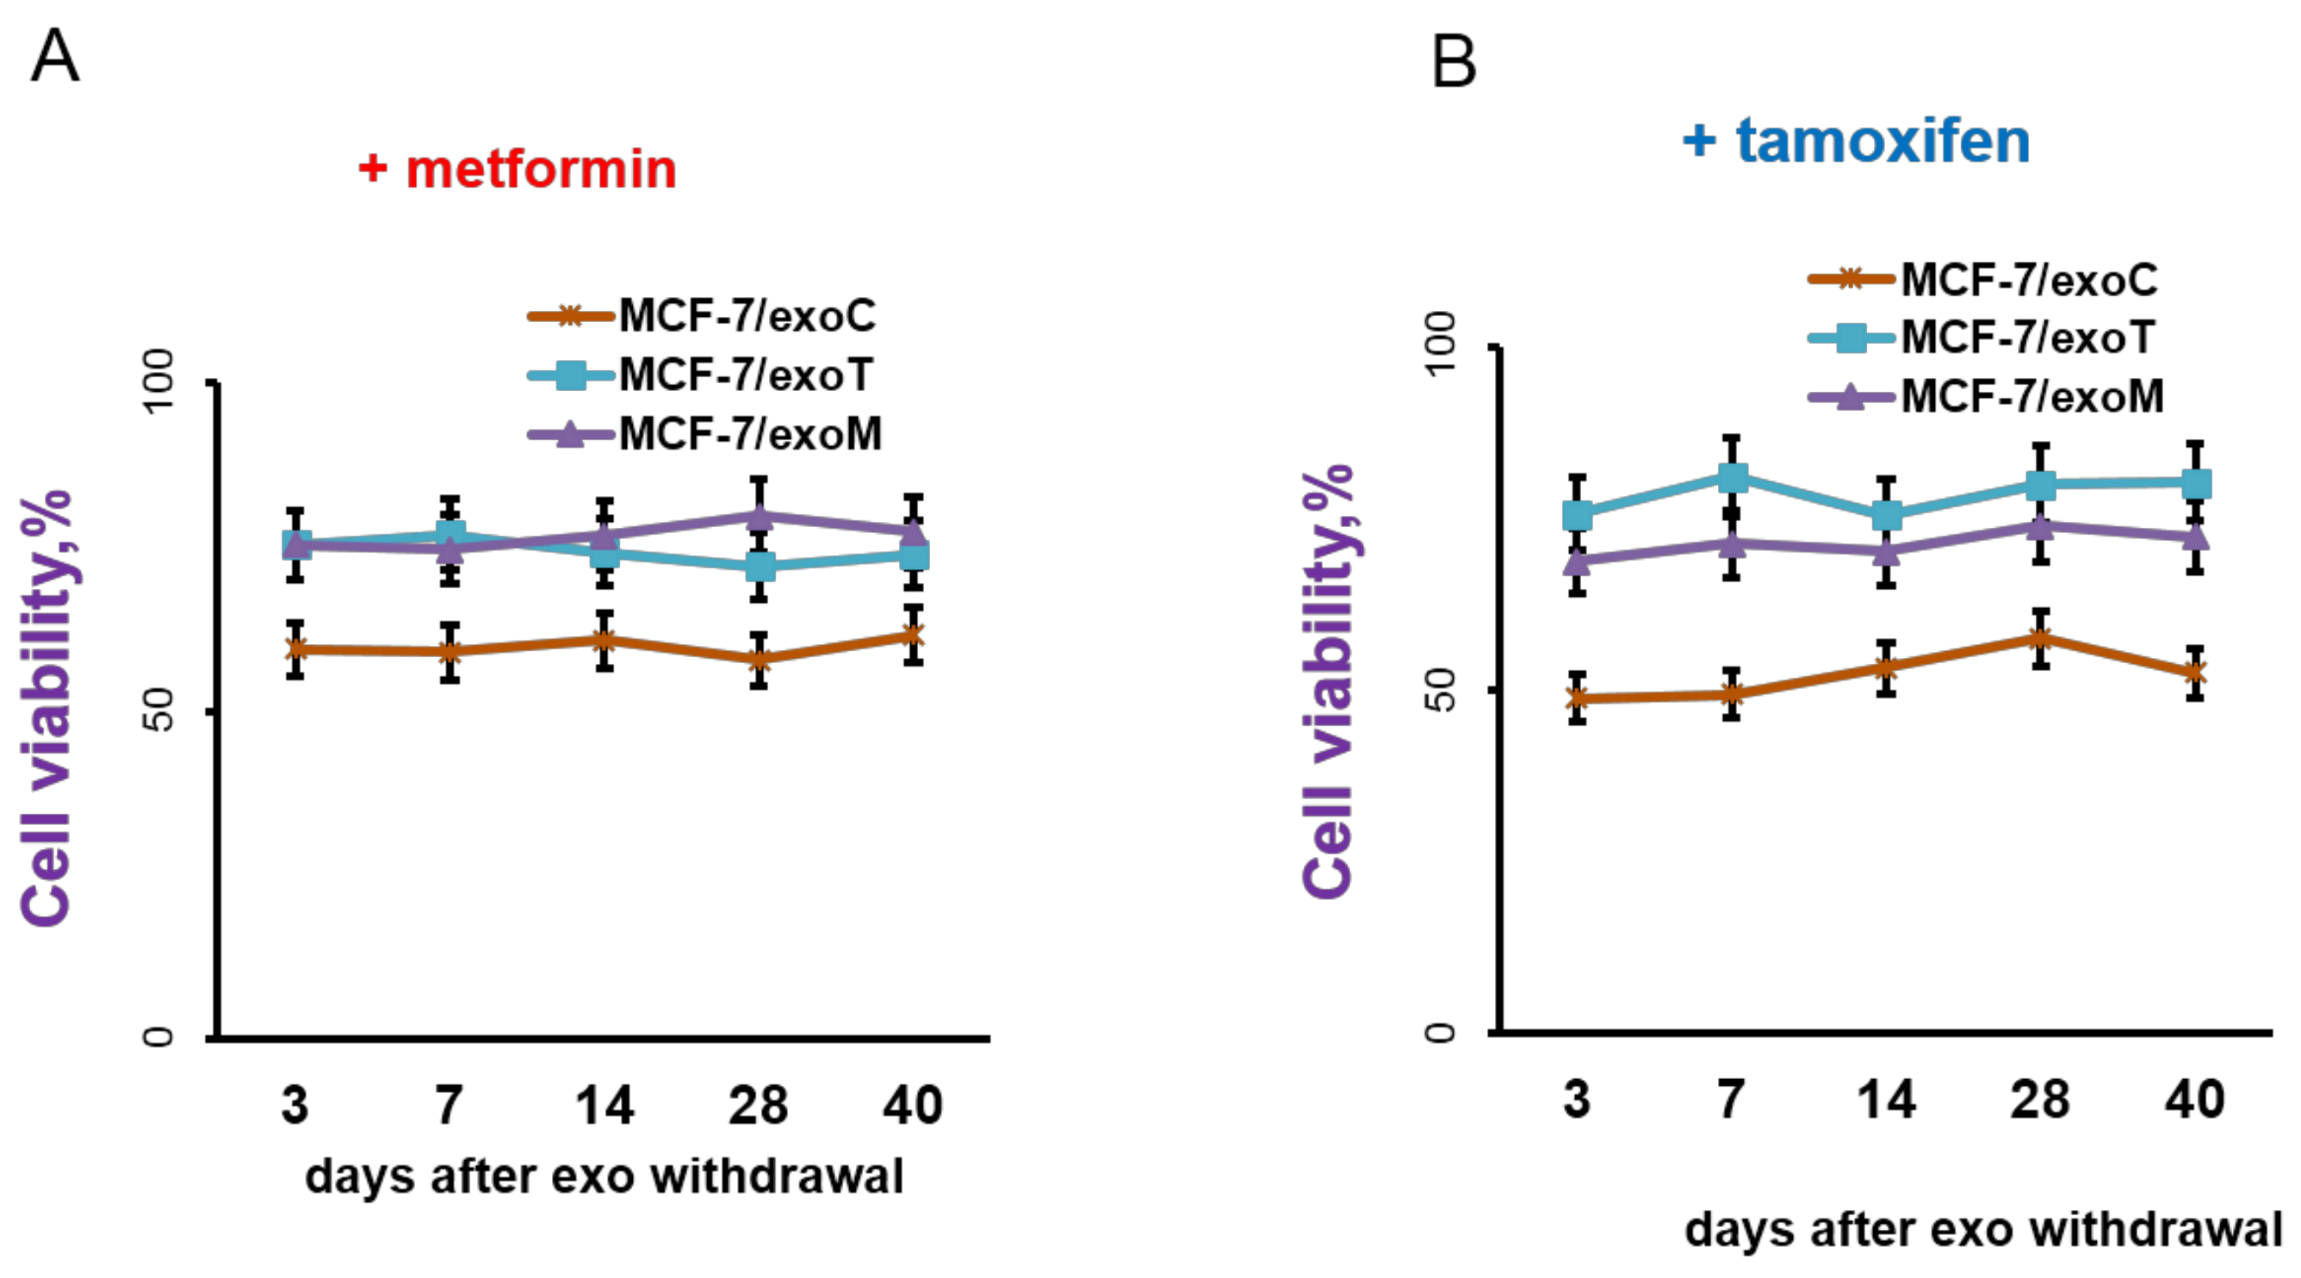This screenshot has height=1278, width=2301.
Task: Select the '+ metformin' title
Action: (518, 169)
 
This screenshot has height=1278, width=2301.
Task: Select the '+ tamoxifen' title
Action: (1856, 141)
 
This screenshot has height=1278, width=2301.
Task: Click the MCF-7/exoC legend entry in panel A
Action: (702, 316)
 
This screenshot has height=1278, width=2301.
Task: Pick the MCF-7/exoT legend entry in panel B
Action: (1982, 338)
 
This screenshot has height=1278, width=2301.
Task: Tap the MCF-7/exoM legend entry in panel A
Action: (704, 435)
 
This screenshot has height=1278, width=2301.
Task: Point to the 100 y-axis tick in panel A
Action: (159, 382)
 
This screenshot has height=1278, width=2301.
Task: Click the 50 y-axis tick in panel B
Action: (1440, 689)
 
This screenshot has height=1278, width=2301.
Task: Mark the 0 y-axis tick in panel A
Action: (158, 1036)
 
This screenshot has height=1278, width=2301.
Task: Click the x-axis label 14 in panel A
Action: (605, 1105)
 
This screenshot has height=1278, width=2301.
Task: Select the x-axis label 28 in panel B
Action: (2040, 1099)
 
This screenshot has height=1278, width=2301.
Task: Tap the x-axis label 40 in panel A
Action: (913, 1105)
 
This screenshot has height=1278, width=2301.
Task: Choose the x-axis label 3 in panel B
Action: (1578, 1099)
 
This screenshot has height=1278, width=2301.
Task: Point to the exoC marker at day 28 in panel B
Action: (2040, 637)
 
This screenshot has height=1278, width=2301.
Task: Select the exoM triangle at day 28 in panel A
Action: (760, 516)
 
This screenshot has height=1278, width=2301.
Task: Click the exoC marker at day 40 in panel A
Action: (913, 635)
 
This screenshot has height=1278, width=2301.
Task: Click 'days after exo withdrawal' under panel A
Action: (605, 1177)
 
